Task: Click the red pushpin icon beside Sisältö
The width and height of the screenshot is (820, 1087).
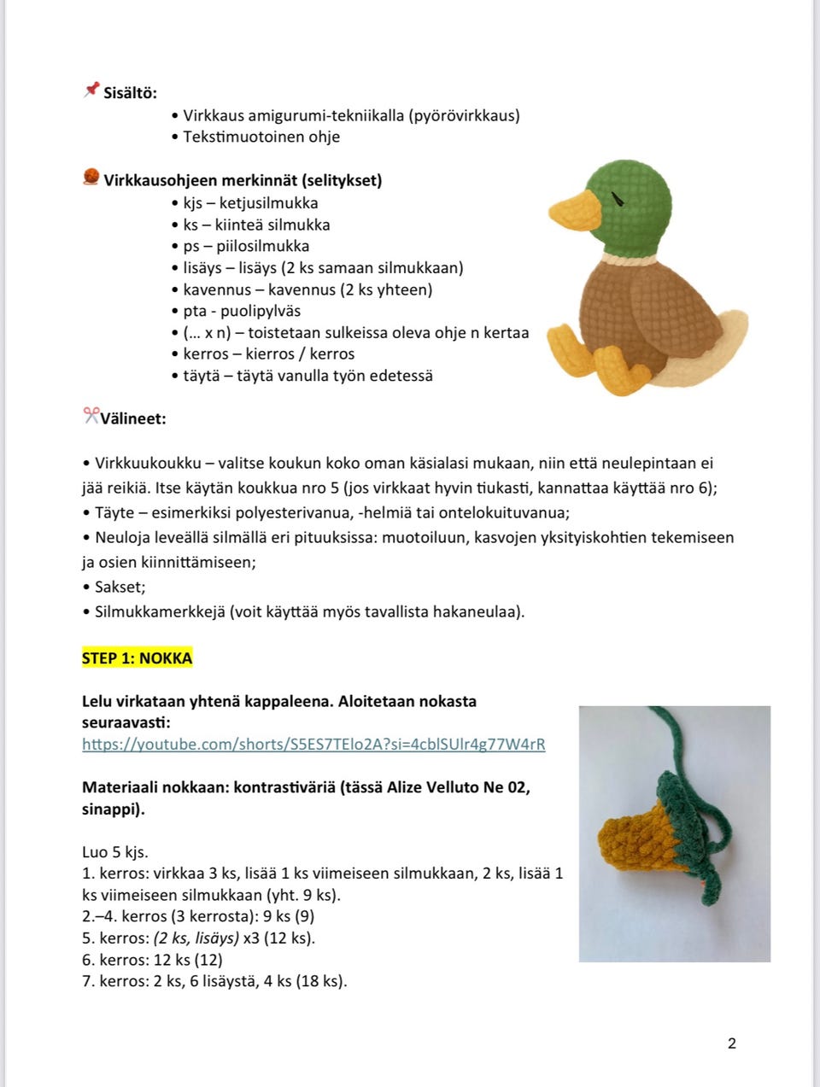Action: [x=91, y=91]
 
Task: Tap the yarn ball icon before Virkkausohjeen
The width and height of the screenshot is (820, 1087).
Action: [x=91, y=178]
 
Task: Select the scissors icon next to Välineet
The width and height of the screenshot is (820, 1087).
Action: [x=91, y=417]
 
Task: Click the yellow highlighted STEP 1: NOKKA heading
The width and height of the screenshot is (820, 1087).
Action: [x=137, y=657]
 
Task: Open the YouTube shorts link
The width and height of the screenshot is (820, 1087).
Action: [x=313, y=744]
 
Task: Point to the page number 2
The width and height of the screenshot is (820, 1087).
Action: [x=731, y=1043]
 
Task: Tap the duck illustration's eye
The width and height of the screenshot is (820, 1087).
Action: [x=618, y=201]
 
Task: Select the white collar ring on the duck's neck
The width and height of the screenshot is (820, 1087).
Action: [x=630, y=256]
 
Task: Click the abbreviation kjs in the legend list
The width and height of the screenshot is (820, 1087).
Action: [x=192, y=203]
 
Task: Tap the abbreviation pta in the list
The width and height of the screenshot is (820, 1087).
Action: [x=195, y=311]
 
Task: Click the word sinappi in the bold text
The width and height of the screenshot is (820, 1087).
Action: [x=111, y=809]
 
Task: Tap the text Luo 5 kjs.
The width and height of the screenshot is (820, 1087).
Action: [x=114, y=851]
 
